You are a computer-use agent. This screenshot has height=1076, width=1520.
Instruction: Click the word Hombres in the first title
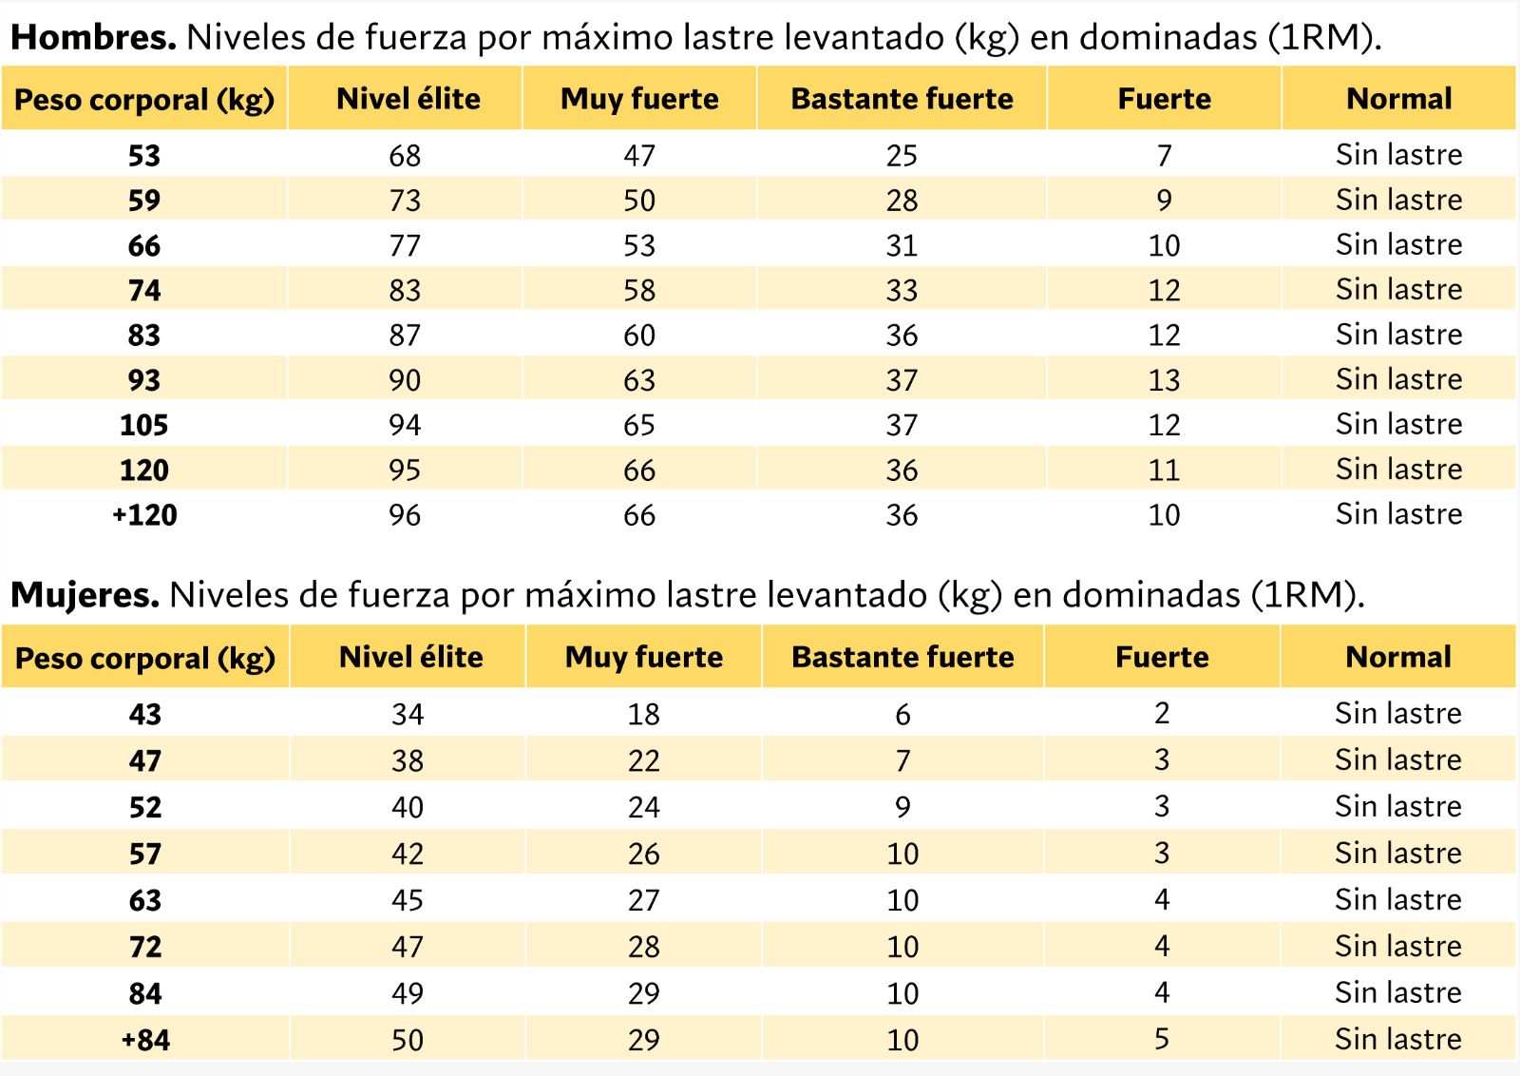(x=93, y=37)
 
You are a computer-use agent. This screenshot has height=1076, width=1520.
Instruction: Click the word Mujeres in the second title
(x=85, y=595)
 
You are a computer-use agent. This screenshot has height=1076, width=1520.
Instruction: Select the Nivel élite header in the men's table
(x=408, y=99)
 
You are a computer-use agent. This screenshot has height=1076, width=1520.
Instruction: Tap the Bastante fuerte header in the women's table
(x=902, y=657)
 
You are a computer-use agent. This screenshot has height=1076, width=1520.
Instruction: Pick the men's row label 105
(x=143, y=425)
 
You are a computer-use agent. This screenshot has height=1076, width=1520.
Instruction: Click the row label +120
(x=144, y=514)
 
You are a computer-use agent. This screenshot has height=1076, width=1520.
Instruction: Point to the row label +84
(x=145, y=1040)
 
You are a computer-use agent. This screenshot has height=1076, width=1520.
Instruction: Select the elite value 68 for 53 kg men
(x=405, y=156)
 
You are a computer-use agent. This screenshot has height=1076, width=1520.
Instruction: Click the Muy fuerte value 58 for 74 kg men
(x=640, y=291)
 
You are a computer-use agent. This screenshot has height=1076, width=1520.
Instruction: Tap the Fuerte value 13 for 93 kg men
(x=1165, y=380)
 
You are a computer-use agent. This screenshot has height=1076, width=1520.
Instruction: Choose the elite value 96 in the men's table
(x=405, y=515)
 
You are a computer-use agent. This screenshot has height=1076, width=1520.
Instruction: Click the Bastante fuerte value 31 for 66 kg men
(x=902, y=246)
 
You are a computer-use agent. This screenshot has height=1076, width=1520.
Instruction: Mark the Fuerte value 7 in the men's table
(x=1165, y=156)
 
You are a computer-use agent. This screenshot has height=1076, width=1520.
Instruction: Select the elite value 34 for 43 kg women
(x=408, y=714)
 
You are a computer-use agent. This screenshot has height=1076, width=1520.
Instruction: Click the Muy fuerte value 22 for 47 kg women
(x=644, y=760)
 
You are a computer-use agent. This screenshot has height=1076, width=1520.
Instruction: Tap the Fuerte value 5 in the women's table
(x=1163, y=1039)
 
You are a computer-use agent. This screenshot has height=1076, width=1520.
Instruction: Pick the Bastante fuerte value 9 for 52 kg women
(x=902, y=807)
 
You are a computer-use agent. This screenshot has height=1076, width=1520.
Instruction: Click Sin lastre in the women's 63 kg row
(x=1398, y=899)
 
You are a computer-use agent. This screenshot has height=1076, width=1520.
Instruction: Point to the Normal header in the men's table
(x=1399, y=99)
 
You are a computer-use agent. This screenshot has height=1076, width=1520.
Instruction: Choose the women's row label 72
(x=145, y=947)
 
